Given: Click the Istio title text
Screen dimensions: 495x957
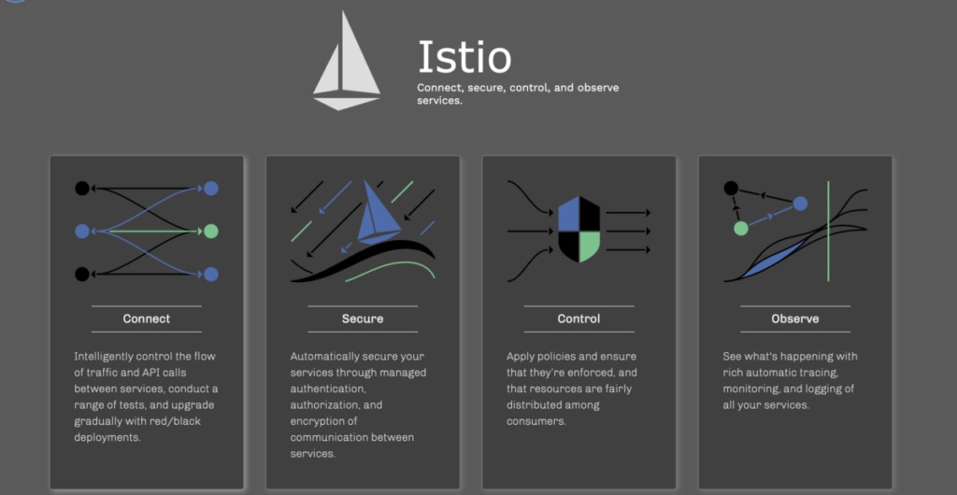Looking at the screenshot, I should point(464,58).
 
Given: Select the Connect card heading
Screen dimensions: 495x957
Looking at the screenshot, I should point(147,318).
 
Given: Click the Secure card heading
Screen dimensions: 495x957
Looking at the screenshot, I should point(363,318).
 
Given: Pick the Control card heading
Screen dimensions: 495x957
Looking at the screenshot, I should point(578,318).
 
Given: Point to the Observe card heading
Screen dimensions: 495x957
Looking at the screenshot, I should point(795,318).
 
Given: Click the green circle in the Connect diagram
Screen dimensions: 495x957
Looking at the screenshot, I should point(211,231).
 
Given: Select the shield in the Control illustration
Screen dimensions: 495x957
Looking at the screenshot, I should point(578,230).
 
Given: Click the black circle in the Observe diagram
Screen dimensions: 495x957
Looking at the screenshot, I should point(732,189).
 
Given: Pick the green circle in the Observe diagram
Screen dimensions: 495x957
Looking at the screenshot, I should point(741,228).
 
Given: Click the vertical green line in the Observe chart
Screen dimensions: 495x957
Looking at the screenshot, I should point(828,233).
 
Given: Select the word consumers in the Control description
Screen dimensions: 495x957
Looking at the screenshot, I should point(536,421).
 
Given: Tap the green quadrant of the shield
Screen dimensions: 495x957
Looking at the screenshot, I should point(589,246).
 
